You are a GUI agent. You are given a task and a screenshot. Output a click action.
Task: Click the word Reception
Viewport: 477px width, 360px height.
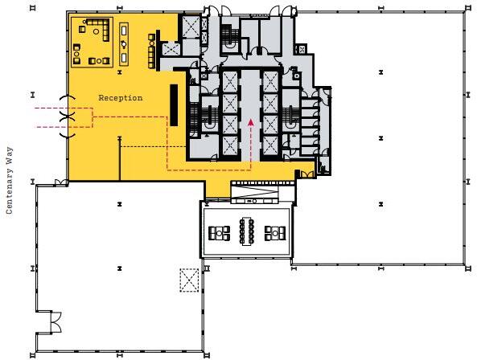point(120,98)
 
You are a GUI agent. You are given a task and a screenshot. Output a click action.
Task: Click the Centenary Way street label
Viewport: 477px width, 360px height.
point(10,180)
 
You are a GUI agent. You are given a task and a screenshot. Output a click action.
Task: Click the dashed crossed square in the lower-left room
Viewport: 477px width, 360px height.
point(189,280)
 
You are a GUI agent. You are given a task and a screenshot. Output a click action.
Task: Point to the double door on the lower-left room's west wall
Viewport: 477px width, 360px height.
point(56,323)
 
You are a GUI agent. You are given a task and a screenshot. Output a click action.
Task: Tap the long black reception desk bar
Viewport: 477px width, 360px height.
point(173,105)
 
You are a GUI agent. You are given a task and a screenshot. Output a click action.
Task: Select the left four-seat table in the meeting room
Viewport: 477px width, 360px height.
point(218,234)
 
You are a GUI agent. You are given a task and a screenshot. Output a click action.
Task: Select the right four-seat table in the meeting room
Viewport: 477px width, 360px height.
point(275,234)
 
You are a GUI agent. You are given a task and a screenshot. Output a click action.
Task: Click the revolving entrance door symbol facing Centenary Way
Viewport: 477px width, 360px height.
point(69,117)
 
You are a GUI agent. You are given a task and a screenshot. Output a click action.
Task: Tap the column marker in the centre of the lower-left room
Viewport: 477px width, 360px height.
point(118,266)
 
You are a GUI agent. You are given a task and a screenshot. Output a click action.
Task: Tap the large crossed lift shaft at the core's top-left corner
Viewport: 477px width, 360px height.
point(190,29)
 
